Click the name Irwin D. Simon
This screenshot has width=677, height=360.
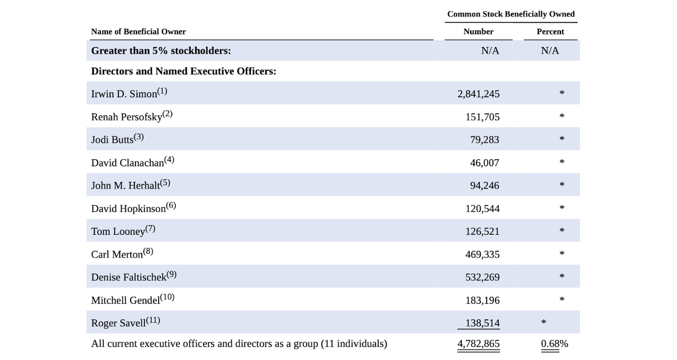tap(124, 94)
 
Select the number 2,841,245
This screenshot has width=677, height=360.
tap(478, 94)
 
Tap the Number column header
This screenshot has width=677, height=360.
tap(478, 32)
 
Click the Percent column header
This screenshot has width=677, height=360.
tap(550, 32)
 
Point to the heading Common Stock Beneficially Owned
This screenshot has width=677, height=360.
tap(510, 14)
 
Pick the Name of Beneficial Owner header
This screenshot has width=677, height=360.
tap(139, 32)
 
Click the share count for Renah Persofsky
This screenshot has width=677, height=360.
tap(482, 117)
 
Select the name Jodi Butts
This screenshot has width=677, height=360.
tap(112, 140)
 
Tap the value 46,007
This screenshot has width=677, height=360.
tap(484, 163)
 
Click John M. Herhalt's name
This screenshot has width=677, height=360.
tap(125, 186)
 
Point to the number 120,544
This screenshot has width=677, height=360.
tap(482, 209)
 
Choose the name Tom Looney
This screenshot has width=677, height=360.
tap(118, 232)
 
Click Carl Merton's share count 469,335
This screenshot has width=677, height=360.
tap(482, 255)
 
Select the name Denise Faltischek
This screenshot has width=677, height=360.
tap(129, 278)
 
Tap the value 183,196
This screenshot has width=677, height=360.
tap(482, 301)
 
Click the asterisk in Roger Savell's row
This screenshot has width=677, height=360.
tap(543, 322)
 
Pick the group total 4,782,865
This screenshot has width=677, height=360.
tap(478, 344)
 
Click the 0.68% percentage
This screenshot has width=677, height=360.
tap(554, 344)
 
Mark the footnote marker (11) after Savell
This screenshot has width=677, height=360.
tap(153, 320)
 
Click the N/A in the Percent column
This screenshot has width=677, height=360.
tap(550, 51)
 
